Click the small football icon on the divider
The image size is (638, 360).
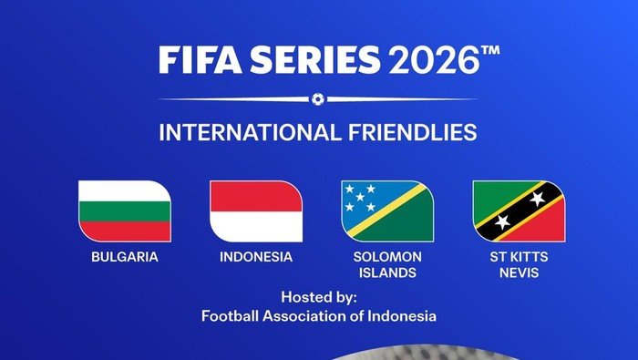317,98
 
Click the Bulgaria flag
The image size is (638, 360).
124,211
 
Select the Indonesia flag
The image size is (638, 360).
256,211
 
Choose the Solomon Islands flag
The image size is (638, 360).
387,211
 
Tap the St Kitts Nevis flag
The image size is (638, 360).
519,211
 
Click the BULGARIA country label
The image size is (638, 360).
124,257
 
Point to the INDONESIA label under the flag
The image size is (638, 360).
256,257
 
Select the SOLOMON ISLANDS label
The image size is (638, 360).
387,264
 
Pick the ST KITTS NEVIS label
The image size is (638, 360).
519,264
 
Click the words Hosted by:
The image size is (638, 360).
319,297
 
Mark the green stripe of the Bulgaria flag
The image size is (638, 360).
124,211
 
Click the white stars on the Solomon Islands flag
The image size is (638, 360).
359,195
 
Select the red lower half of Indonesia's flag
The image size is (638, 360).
256,226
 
